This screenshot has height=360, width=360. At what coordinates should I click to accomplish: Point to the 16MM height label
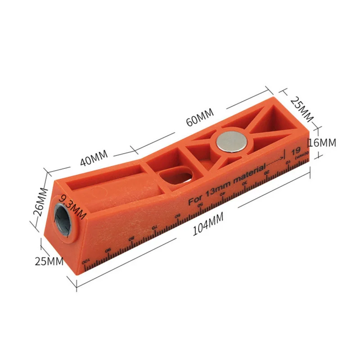(322, 143)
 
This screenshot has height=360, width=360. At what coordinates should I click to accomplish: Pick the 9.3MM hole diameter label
(72, 205)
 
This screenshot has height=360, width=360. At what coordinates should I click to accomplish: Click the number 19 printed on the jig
(296, 152)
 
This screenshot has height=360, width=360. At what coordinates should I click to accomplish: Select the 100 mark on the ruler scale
(84, 262)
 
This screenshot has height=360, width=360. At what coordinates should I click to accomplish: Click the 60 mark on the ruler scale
(177, 216)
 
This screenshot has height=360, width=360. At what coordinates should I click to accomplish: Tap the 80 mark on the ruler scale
(131, 238)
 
